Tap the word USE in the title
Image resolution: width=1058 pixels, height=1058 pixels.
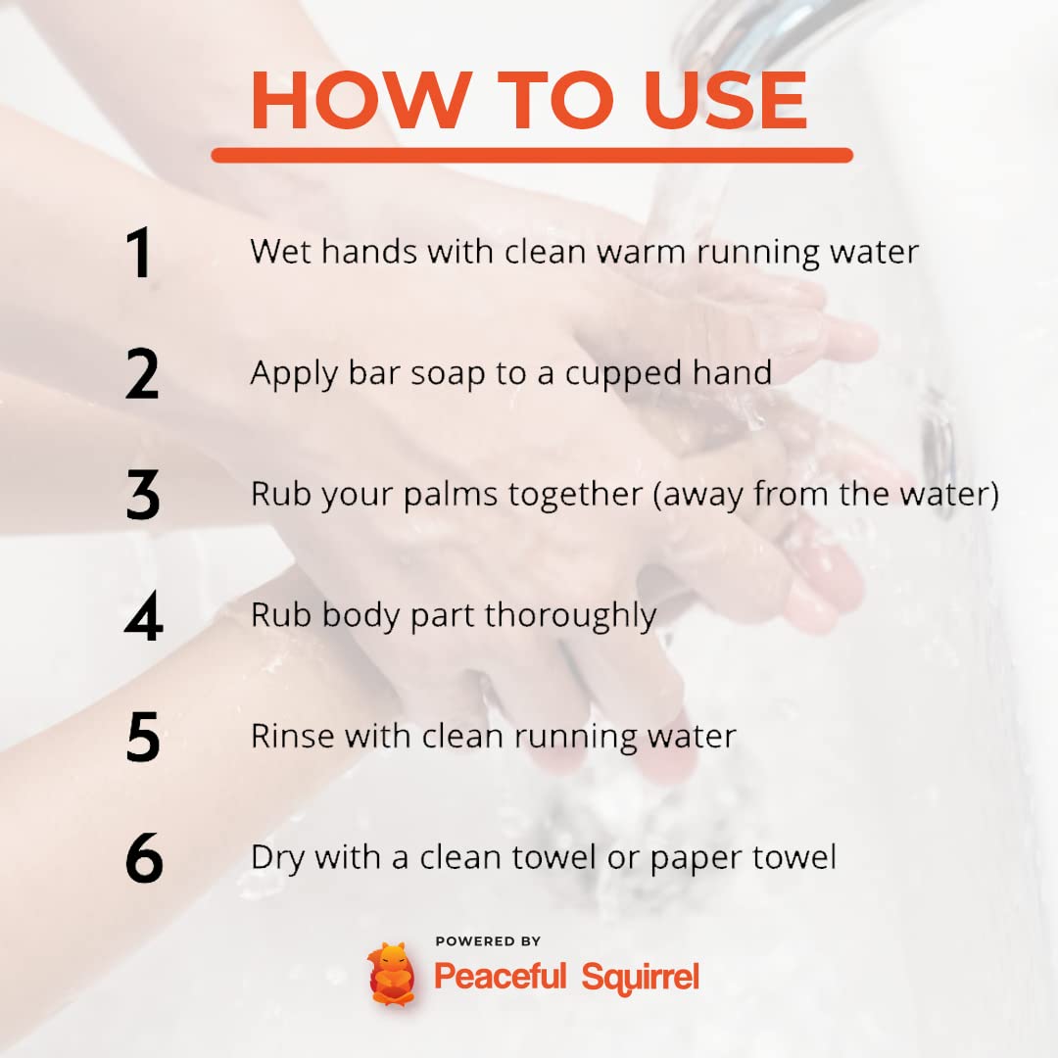click(x=725, y=100)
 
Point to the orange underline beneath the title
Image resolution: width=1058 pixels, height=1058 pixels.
click(x=532, y=155)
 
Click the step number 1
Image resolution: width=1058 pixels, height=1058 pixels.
click(x=139, y=253)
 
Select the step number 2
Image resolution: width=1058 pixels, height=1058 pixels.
click(x=142, y=373)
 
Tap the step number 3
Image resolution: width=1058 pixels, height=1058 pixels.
click(x=142, y=495)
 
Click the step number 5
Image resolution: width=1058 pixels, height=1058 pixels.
click(x=143, y=737)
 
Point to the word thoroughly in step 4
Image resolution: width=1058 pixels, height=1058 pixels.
click(x=570, y=616)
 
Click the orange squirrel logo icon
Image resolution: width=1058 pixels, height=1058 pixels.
click(x=391, y=974)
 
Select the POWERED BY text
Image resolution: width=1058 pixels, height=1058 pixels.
click(x=488, y=941)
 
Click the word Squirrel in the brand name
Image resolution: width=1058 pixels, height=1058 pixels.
click(x=640, y=978)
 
